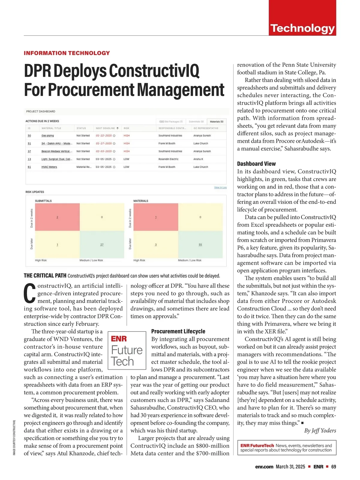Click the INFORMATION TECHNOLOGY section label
67,53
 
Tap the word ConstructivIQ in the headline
154,71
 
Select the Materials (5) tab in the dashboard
216,121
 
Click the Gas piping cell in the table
48,136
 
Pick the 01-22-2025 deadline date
104,136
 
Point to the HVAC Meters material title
49,167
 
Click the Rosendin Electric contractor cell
168,159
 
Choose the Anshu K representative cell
198,159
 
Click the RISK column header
126,128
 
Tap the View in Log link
220,187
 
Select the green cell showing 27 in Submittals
102,244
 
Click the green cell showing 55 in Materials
200,244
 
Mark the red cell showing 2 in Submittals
57,217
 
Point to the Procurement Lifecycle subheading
178,331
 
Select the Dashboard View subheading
256,163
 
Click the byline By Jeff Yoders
320,430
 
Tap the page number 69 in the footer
334,466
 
